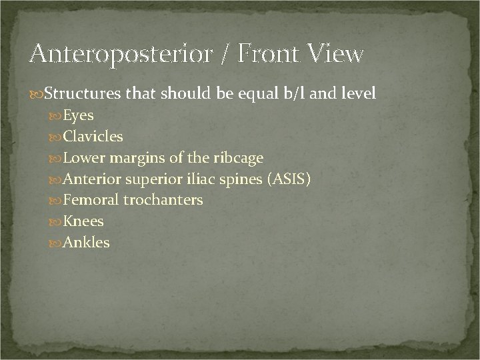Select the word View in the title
[336, 53]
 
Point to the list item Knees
[84, 221]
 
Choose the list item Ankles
[87, 243]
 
